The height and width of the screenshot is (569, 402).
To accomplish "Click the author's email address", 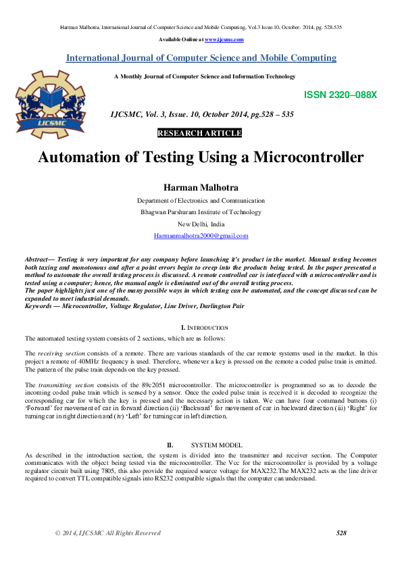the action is click(201, 236).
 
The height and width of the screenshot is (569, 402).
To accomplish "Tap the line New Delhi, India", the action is click(201, 224).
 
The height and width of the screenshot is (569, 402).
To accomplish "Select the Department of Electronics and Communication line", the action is click(201, 201).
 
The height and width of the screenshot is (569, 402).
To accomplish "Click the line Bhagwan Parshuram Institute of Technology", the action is click(201, 212).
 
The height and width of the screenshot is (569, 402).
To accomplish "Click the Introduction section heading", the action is click(204, 327).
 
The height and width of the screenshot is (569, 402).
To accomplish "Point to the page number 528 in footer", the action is click(341, 533).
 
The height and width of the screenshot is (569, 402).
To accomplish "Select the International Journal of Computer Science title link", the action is click(201, 58).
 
